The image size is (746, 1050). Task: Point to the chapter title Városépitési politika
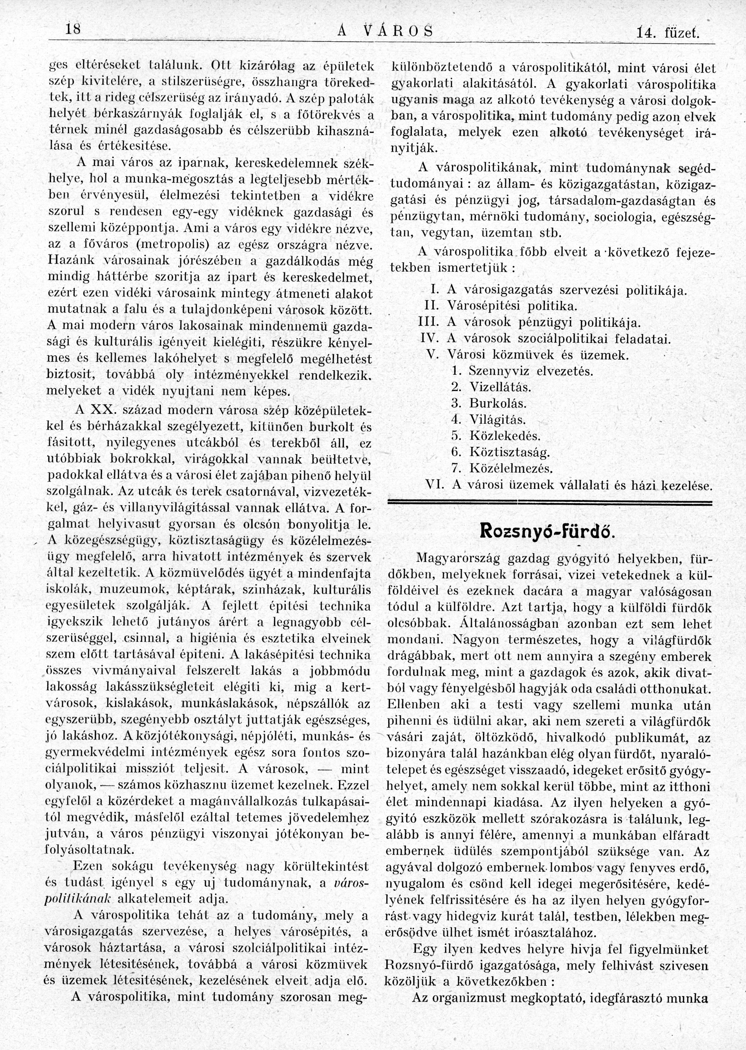click(x=512, y=306)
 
